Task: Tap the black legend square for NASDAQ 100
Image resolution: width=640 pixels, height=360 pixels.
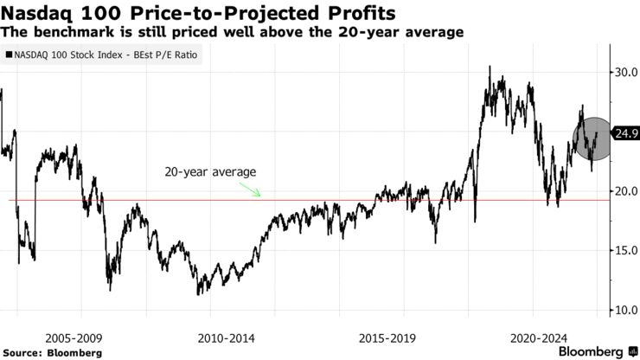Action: [10, 55]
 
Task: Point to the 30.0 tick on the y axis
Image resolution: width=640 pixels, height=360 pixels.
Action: [626, 73]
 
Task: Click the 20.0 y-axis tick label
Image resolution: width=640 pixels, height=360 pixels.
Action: [626, 191]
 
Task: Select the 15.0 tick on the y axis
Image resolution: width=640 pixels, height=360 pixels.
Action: [626, 251]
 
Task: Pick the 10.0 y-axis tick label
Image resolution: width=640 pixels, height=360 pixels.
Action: [626, 310]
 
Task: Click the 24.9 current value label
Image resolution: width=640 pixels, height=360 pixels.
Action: [625, 133]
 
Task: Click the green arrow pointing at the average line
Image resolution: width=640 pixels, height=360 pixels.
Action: [251, 189]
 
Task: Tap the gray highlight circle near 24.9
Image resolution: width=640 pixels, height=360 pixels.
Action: [592, 137]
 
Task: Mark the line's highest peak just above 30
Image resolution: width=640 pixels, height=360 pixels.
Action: [490, 67]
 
